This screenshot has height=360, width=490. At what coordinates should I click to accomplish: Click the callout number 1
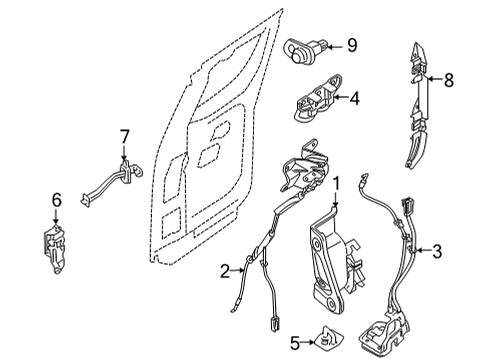[337, 183]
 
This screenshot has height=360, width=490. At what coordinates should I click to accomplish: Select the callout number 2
[226, 268]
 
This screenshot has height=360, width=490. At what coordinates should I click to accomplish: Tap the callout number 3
[436, 251]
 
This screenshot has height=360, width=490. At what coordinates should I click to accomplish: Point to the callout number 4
[354, 97]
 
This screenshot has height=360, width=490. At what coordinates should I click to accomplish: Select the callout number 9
[352, 44]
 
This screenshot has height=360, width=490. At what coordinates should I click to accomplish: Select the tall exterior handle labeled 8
[417, 105]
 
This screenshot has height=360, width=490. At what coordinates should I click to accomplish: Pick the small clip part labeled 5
[331, 341]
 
